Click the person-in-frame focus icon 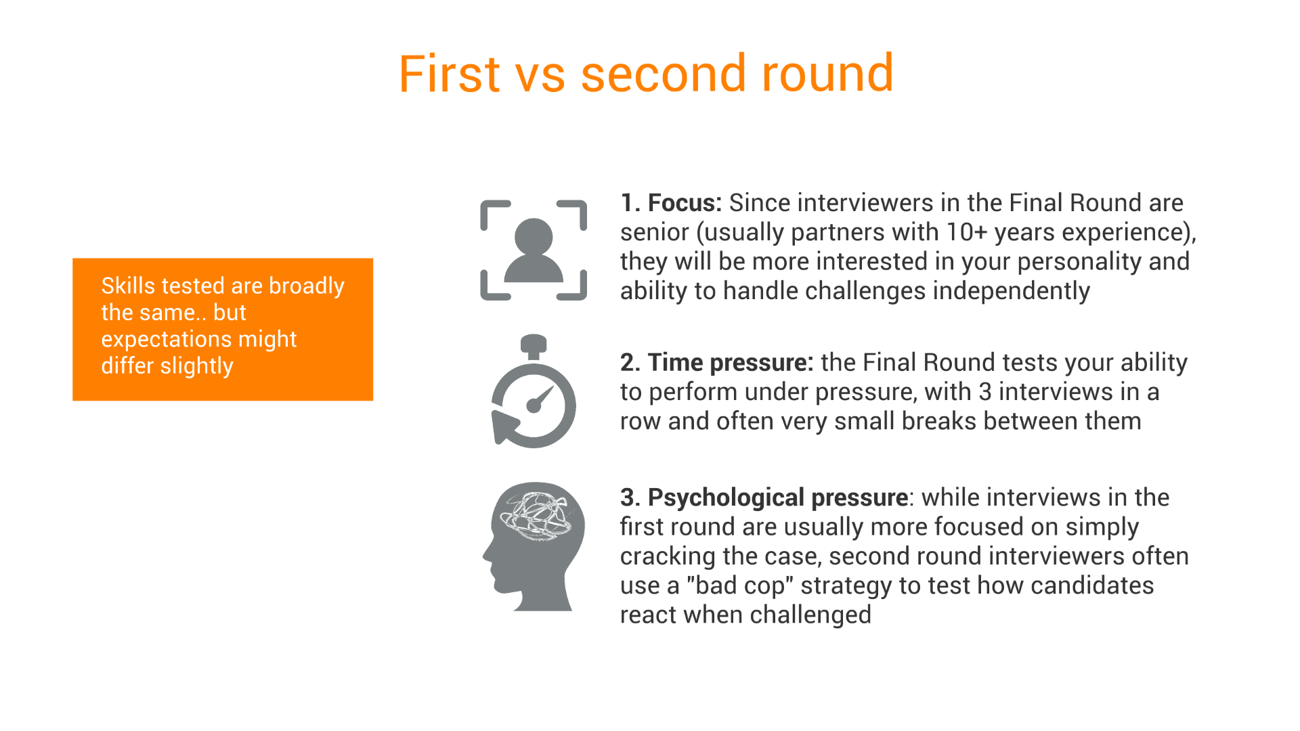coord(534,250)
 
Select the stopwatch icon coord(534,391)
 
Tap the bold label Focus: coord(685,203)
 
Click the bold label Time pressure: coord(731,363)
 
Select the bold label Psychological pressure coord(778,497)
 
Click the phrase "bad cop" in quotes coord(739,585)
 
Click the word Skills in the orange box coord(129,286)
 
